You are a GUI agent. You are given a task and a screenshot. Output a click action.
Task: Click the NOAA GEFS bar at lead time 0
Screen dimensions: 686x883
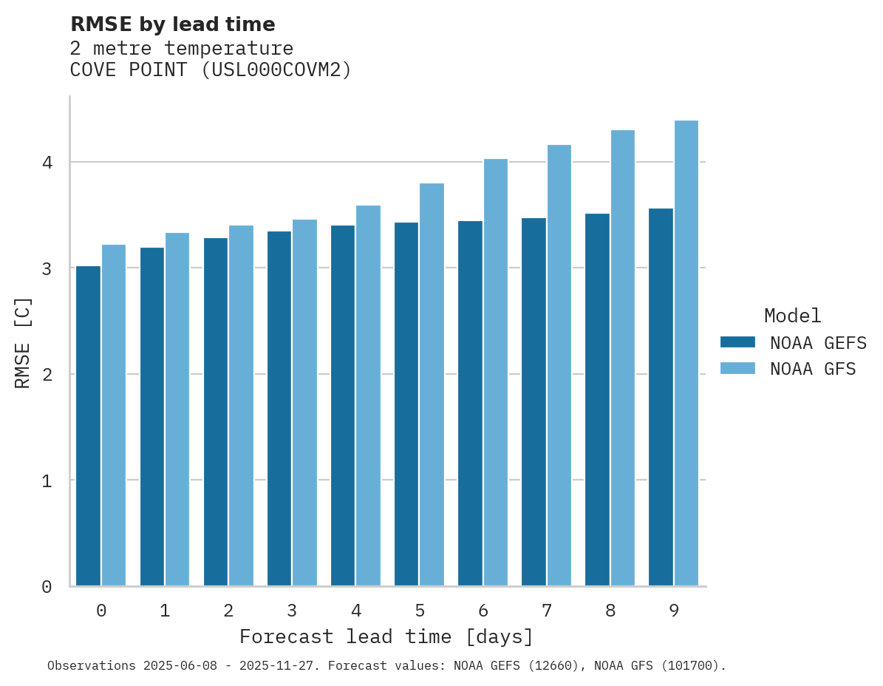(x=88, y=426)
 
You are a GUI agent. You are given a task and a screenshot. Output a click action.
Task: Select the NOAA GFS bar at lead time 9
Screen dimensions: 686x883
(x=686, y=353)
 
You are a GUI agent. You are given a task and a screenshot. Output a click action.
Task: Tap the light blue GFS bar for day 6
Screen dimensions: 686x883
(x=496, y=373)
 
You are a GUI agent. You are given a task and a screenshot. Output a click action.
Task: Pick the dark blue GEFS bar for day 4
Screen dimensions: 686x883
(x=343, y=406)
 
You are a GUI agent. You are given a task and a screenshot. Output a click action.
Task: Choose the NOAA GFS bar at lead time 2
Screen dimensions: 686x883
(x=241, y=406)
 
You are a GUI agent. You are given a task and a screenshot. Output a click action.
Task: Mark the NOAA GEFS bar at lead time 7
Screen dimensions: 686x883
(x=533, y=402)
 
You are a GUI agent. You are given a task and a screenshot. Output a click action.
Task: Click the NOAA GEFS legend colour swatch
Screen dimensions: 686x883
(x=737, y=342)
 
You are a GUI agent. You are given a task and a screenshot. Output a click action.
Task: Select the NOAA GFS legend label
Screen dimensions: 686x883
(x=813, y=369)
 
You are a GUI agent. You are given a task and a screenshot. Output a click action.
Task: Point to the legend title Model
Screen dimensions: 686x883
(x=792, y=316)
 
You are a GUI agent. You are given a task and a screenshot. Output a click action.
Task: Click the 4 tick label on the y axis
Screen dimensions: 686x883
(x=47, y=162)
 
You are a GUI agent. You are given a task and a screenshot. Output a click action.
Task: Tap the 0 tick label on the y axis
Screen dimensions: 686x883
(x=47, y=587)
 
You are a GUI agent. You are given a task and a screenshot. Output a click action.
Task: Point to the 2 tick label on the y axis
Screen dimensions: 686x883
(x=47, y=375)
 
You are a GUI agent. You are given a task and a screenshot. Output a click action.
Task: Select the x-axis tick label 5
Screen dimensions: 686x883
(x=420, y=611)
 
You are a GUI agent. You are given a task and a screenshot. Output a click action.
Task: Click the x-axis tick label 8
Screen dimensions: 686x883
(x=610, y=611)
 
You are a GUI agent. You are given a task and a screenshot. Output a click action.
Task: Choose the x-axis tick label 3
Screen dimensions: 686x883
(x=292, y=611)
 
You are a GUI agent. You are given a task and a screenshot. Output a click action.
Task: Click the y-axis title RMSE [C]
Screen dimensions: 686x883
(x=23, y=342)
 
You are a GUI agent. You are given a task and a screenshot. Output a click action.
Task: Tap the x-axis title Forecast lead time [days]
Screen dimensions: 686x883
(x=386, y=636)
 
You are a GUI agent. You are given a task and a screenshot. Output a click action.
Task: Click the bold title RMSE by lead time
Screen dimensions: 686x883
(x=172, y=24)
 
